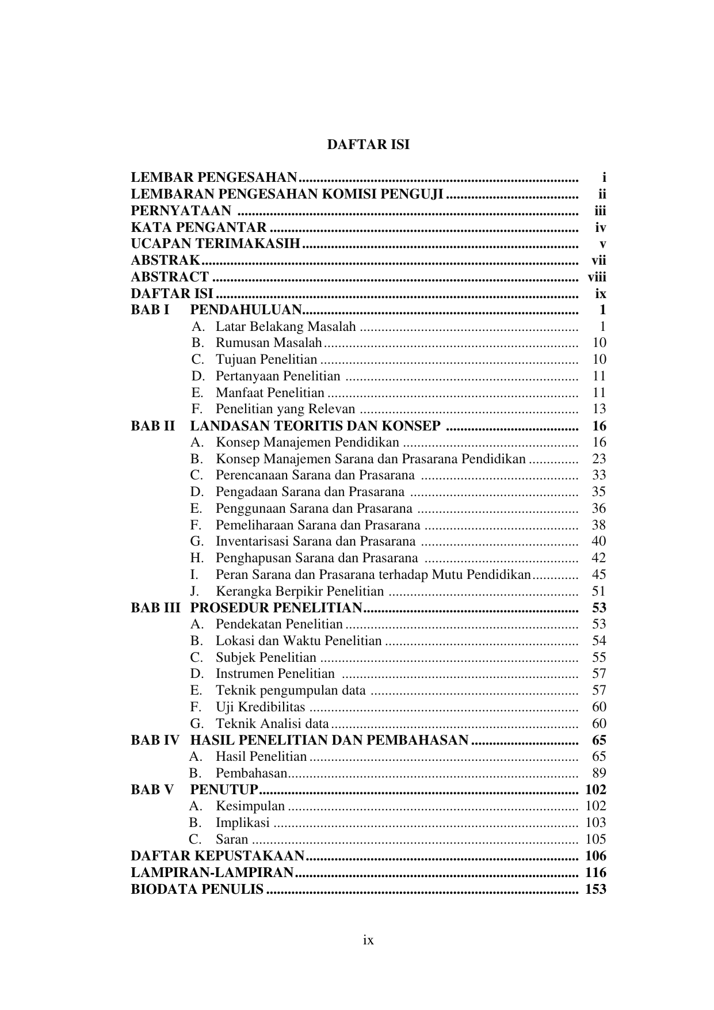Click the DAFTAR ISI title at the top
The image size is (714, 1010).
(368, 144)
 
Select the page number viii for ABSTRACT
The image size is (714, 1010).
(597, 277)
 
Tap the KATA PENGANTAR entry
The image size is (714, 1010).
(198, 227)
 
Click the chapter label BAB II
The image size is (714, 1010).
(152, 426)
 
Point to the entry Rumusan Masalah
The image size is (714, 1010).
(268, 343)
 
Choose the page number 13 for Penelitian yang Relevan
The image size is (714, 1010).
(599, 409)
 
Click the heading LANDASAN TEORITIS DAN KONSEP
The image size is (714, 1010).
(315, 426)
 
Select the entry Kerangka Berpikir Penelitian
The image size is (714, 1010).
(299, 591)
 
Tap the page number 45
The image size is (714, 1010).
(598, 574)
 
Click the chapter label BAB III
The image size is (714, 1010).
(155, 608)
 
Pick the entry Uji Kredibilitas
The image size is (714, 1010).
(260, 707)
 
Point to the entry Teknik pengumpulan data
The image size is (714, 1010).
(291, 690)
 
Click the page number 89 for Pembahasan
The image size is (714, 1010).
(598, 773)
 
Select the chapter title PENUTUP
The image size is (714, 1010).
(224, 790)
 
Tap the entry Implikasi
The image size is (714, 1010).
(242, 823)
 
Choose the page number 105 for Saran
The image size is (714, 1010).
(595, 839)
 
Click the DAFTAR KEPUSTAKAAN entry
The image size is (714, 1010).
(217, 856)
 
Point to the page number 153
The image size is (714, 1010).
(595, 889)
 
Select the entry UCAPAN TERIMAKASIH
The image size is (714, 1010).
(216, 244)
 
